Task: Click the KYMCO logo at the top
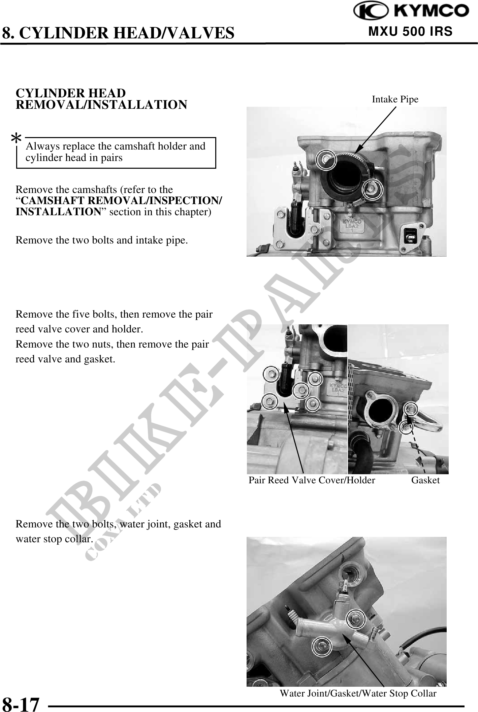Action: click(411, 11)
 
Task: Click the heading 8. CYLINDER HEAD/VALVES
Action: click(118, 33)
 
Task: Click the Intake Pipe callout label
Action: click(395, 99)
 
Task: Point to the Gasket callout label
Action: click(425, 480)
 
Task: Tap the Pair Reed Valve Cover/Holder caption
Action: click(312, 480)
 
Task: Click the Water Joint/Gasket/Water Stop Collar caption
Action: click(358, 694)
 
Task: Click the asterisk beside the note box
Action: click(16, 138)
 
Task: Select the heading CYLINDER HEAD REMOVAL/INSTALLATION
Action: click(101, 99)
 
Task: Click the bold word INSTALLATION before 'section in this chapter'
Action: click(58, 212)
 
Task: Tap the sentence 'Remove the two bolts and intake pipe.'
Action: click(102, 240)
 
